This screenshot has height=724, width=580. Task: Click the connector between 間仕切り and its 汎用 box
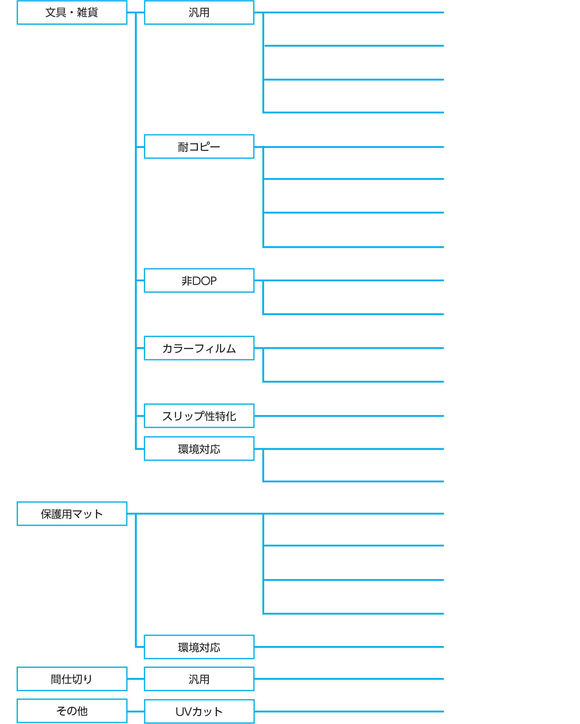(x=136, y=679)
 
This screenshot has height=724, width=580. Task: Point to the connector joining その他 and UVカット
(x=136, y=711)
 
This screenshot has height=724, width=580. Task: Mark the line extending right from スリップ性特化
(x=349, y=416)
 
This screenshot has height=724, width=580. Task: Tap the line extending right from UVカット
(x=349, y=711)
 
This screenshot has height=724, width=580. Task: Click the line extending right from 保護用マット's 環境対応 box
(x=349, y=647)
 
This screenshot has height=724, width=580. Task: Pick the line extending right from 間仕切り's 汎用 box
(x=349, y=679)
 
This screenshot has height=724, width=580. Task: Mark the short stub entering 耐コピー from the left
(x=140, y=147)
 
